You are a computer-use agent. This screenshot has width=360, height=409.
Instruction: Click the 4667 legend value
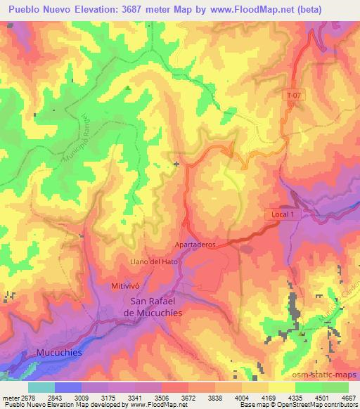(x=348, y=396)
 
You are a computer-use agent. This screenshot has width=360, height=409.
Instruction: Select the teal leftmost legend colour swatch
(x=41, y=387)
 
